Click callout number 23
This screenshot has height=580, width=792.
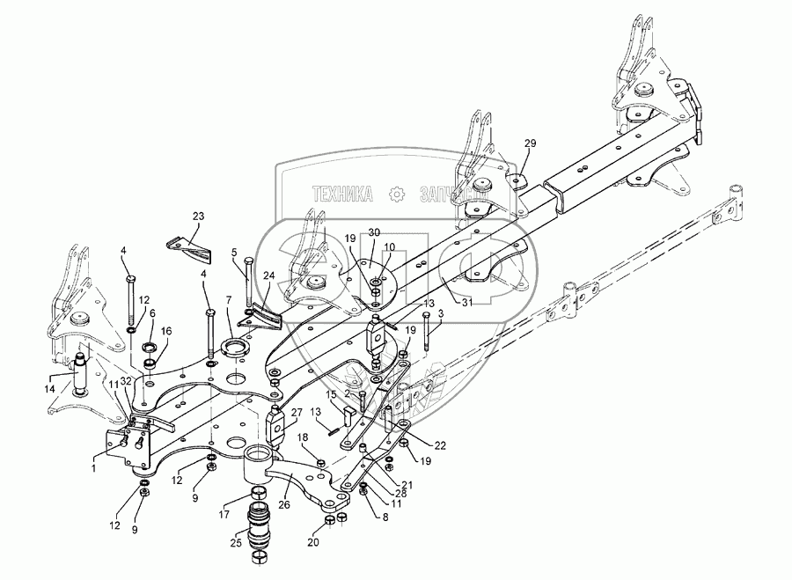click(198, 216)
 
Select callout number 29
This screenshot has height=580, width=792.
click(530, 143)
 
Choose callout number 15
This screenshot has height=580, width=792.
click(331, 396)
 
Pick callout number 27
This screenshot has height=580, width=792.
click(297, 412)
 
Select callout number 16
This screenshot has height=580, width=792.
click(167, 331)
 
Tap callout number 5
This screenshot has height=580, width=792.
click(233, 252)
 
